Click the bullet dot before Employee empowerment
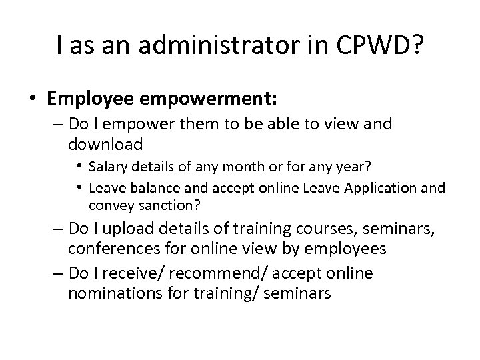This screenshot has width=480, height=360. pyautogui.click(x=33, y=99)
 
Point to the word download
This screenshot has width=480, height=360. pyautogui.click(x=105, y=145)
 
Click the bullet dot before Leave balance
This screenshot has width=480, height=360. pyautogui.click(x=81, y=189)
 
